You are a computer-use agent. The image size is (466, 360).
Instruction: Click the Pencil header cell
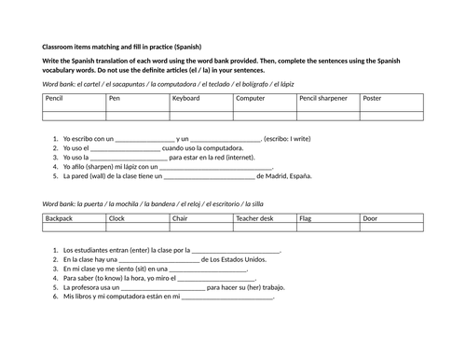pyautogui.click(x=74, y=98)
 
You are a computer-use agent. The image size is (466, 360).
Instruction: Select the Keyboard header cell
pyautogui.click(x=200, y=98)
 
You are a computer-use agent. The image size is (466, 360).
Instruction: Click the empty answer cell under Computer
pyautogui.click(x=264, y=115)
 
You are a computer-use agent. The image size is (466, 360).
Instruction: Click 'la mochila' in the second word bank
pyautogui.click(x=125, y=202)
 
